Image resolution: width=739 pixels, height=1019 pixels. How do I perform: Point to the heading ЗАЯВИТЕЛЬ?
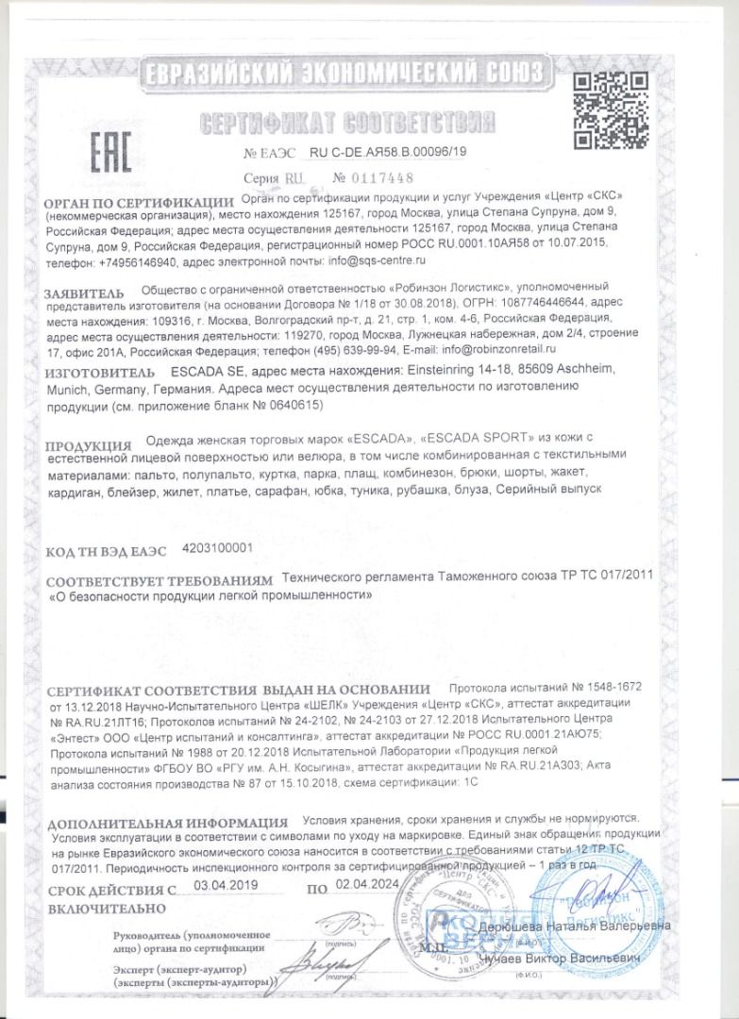[x=84, y=293]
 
